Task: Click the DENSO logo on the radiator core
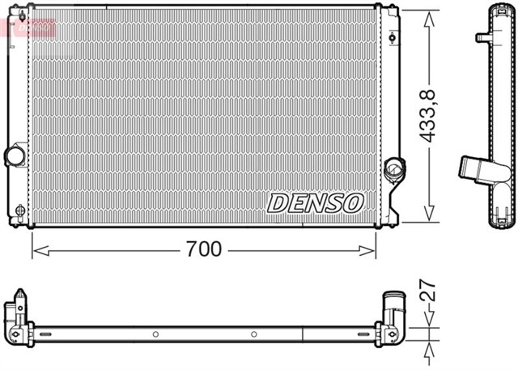coord(315,202)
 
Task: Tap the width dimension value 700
coord(203,249)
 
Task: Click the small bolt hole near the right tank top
coord(392,37)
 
